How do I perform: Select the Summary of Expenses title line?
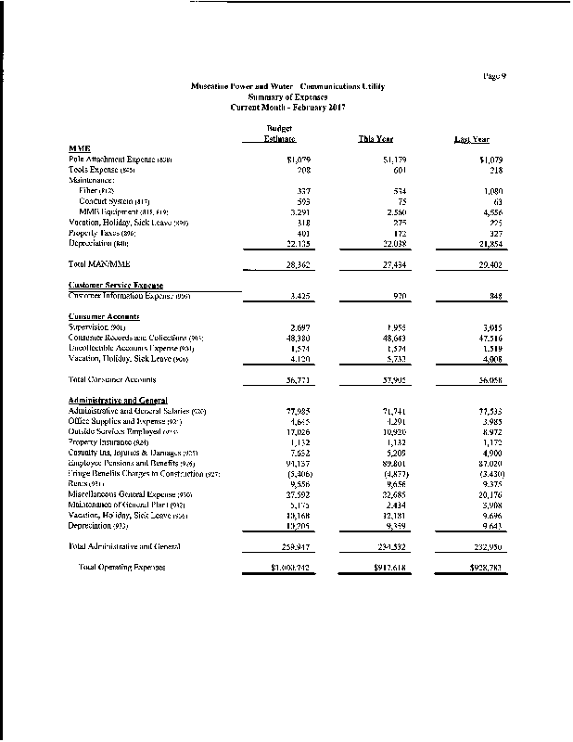(286, 96)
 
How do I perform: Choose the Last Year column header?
(471, 139)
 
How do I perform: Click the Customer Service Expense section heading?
(115, 286)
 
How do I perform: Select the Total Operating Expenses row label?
(121, 567)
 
